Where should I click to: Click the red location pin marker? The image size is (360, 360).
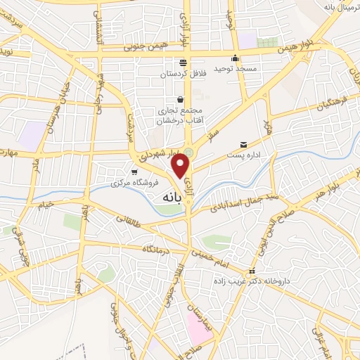pos(181,166)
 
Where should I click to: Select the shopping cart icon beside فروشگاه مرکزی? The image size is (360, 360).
pos(134,171)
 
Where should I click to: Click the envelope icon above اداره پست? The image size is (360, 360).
pos(244,143)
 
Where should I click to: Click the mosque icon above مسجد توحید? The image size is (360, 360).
pos(236,59)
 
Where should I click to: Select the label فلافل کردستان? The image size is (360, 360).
pos(182,73)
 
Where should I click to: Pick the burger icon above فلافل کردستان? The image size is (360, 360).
pos(183,62)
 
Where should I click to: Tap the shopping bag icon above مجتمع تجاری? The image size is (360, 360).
pos(181,99)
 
